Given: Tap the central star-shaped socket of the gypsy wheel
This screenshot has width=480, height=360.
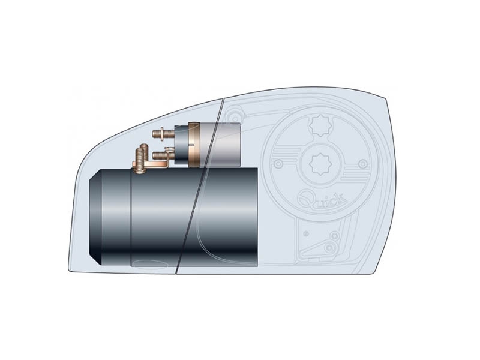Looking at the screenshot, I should tap(318, 162).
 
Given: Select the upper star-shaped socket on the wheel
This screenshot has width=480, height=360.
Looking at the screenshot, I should tap(318, 127).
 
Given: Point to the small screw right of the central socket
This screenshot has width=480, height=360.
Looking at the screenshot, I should tap(361, 163).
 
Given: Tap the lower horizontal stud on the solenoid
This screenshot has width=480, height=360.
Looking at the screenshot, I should tap(160, 155).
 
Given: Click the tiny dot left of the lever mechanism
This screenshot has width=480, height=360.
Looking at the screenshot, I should tap(306, 233).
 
